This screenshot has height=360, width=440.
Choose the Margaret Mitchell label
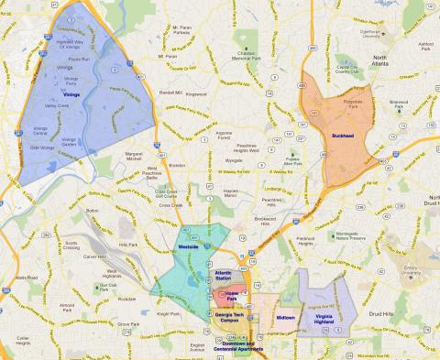pos(135,158)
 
